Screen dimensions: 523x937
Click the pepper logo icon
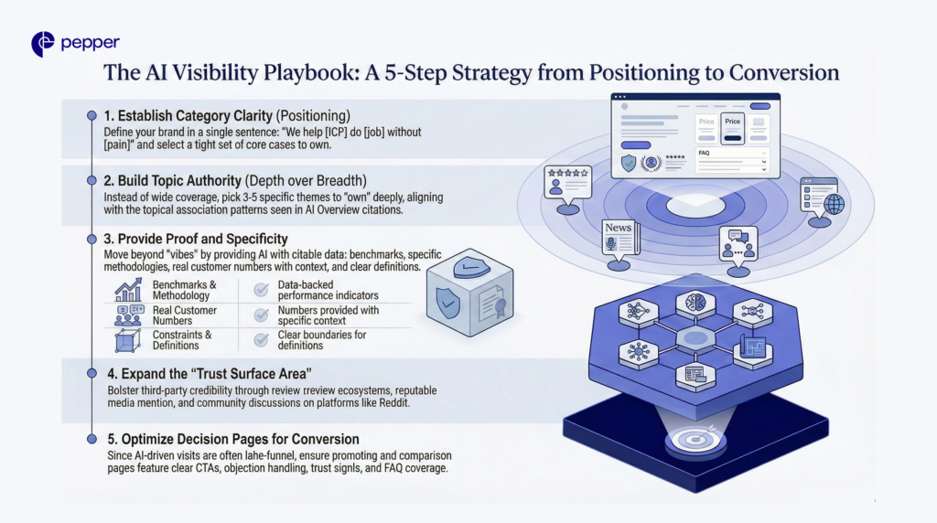coord(42,43)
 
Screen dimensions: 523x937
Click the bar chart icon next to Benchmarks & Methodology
coord(128,290)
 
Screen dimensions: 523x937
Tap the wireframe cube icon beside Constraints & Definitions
coord(128,341)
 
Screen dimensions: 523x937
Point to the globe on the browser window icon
coord(834,203)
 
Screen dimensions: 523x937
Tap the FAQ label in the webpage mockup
coord(704,153)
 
